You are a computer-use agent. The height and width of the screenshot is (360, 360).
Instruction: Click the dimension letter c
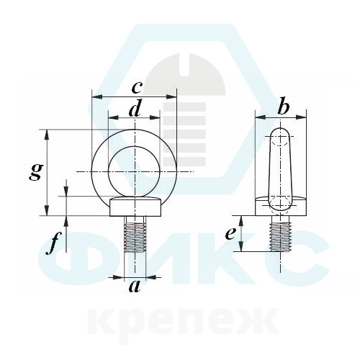[x=137, y=87]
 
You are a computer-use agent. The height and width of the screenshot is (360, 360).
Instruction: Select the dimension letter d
[x=135, y=109]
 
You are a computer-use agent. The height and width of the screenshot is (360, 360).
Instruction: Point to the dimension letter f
[x=53, y=243]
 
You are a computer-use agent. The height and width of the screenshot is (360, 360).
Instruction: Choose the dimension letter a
[x=135, y=287]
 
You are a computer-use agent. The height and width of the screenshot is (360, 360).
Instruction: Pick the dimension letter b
[x=283, y=107]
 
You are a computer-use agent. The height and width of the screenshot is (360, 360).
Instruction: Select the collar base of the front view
[x=135, y=207]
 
